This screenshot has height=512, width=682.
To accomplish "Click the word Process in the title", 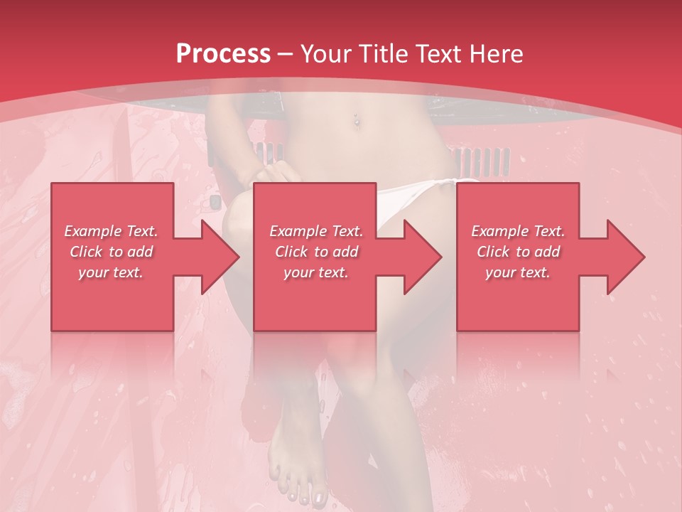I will [223, 54].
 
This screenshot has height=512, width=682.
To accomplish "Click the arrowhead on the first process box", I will [220, 257].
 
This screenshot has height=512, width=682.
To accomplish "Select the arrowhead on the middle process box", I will [423, 257].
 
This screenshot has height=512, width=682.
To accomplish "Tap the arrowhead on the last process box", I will [626, 257].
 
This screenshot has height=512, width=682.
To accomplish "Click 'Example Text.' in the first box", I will [111, 231].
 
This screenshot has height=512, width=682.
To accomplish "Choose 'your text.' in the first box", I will [111, 272].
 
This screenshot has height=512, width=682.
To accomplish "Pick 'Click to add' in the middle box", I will [316, 252].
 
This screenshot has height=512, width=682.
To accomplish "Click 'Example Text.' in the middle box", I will [316, 231].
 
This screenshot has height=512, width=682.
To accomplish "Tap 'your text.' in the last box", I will [518, 272].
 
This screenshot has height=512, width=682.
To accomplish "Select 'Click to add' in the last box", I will [518, 252].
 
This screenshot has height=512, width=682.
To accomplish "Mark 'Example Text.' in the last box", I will [518, 231].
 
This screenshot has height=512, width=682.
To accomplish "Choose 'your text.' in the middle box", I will [316, 272].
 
